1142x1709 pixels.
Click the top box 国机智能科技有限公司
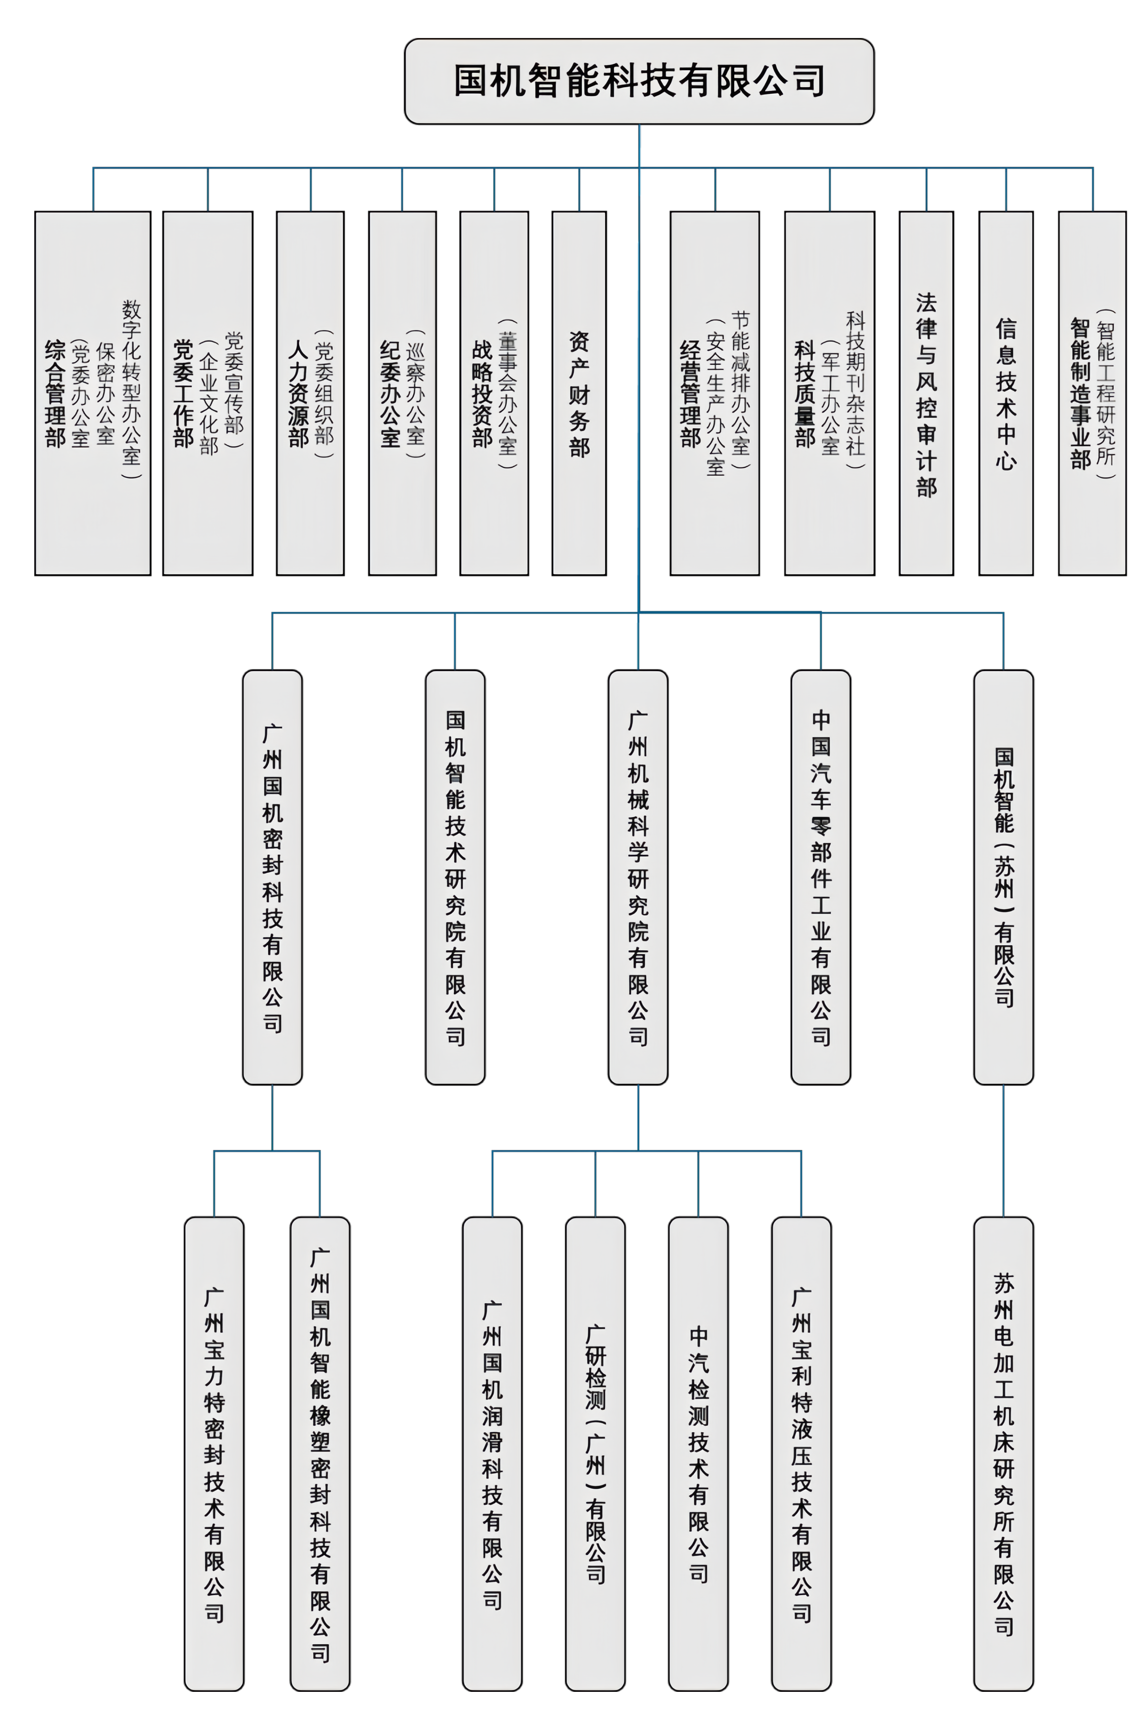coord(639,81)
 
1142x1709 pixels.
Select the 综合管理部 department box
coord(92,393)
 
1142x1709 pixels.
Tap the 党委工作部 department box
coord(207,393)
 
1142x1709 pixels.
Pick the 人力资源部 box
coord(310,393)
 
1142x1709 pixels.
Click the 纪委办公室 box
coord(402,393)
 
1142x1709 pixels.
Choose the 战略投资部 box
coord(494,393)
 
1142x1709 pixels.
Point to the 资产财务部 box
coord(579,393)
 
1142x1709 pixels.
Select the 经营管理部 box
coord(715,393)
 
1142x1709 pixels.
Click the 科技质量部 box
coord(830,393)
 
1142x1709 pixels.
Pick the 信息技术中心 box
coord(1006,393)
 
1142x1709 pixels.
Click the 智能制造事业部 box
coord(1092,393)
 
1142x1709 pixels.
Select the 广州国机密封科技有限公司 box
coord(272,877)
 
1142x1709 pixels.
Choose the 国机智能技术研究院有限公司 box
coord(455,877)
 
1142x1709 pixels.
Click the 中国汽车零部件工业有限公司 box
coord(821,877)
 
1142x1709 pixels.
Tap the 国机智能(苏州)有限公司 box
coord(1003,877)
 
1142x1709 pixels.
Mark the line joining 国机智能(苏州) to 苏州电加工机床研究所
coord(1003,1151)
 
